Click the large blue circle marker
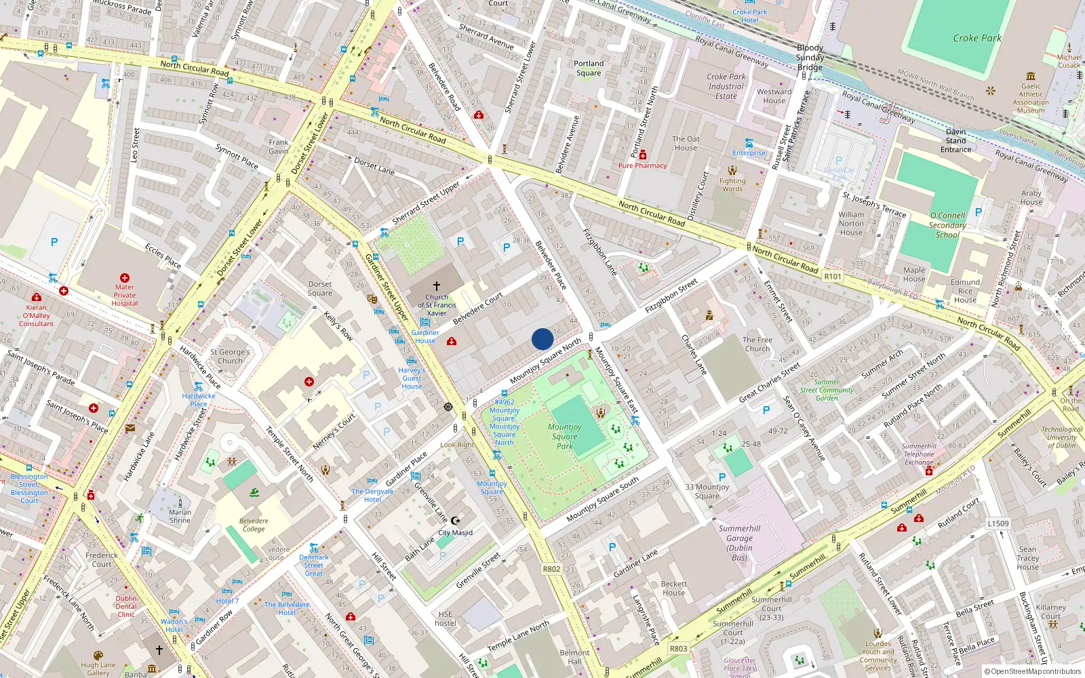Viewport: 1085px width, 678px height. (542, 339)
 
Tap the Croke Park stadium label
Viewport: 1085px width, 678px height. (976, 38)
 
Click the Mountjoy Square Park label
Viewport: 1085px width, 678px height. (565, 436)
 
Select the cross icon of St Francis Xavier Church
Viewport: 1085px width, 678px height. (437, 286)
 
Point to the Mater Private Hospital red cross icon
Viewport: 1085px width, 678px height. (125, 278)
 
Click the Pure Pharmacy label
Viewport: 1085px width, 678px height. (642, 165)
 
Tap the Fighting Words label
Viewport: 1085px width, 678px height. (732, 184)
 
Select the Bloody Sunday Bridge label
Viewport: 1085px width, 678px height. (810, 57)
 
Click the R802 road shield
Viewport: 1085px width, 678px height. (551, 569)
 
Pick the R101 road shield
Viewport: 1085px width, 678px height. (832, 276)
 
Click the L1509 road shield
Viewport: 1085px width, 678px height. (998, 523)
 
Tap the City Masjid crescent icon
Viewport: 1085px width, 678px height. (455, 521)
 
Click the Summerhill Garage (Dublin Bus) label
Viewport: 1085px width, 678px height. (739, 542)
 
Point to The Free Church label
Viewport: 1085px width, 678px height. (757, 344)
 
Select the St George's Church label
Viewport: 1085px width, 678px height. (230, 356)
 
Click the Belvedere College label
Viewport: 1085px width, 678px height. (254, 525)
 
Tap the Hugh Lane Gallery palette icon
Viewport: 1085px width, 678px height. (98, 656)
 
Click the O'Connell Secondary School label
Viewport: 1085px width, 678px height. (947, 225)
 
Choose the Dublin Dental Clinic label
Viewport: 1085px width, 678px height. (126, 606)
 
